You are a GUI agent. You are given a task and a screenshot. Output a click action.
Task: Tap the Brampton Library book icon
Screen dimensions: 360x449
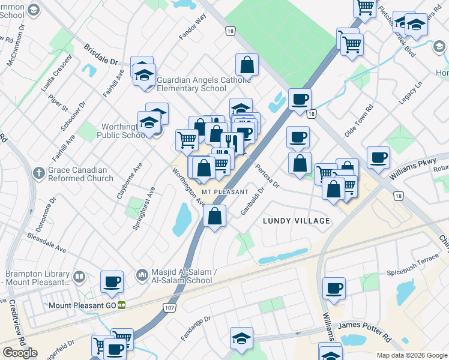tap(79, 277)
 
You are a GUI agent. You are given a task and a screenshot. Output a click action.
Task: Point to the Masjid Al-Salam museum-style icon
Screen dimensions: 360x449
tap(142, 275)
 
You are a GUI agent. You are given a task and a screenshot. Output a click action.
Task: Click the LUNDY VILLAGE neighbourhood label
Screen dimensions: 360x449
tap(297, 221)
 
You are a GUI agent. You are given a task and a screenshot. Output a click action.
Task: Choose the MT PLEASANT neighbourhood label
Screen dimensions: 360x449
tap(224, 191)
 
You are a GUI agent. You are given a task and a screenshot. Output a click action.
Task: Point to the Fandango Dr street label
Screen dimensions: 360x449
tap(196, 327)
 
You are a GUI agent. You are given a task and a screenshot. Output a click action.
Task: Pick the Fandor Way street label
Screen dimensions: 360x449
tap(192, 28)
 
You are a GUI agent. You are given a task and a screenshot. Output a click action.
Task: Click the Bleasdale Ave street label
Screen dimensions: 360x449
tap(46, 242)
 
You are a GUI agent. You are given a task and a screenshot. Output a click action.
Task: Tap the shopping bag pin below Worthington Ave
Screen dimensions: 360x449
tap(215, 215)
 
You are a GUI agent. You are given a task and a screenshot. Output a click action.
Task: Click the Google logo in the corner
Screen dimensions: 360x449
tap(20, 353)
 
